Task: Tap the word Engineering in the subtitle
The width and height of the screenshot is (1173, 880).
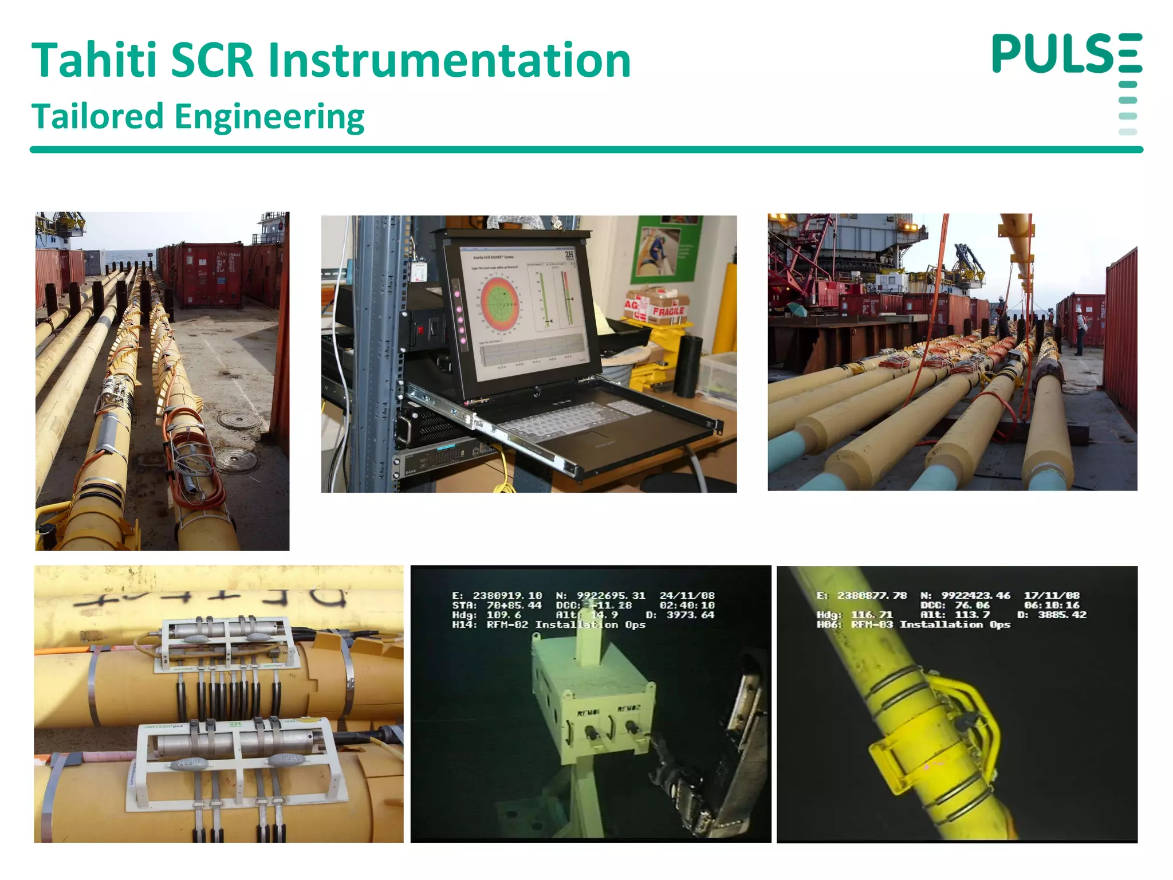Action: click(269, 116)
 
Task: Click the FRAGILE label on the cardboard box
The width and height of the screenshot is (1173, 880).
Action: click(668, 311)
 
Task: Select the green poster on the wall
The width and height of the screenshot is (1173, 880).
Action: click(666, 250)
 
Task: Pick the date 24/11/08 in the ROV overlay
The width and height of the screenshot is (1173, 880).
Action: click(687, 596)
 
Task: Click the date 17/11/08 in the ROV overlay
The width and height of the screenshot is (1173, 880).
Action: click(1052, 596)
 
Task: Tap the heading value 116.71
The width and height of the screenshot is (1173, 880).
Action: click(872, 615)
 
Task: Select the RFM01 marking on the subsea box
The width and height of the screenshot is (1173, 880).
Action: click(588, 713)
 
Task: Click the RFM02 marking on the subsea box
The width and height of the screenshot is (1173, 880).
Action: click(628, 709)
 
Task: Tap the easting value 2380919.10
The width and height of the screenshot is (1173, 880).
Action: click(507, 596)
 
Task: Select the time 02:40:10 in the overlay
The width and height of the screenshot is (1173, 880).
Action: click(687, 606)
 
